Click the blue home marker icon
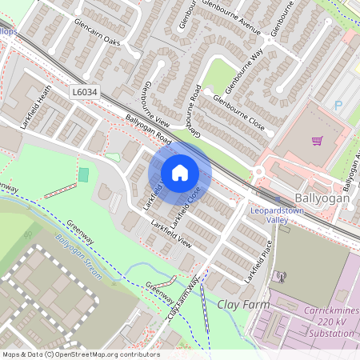(x=180, y=172)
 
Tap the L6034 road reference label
(x=83, y=93)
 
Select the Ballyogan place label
(x=322, y=197)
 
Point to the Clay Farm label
(x=240, y=305)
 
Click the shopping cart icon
(x=318, y=142)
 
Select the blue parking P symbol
(x=338, y=105)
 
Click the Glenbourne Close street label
(x=238, y=111)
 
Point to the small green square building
(x=84, y=174)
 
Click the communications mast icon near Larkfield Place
(x=280, y=278)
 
